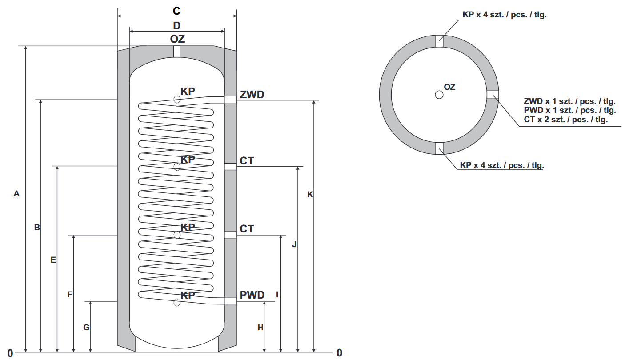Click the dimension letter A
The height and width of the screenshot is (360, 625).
[x=17, y=194]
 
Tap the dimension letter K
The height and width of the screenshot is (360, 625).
[x=310, y=195]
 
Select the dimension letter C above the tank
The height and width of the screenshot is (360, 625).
[x=177, y=11]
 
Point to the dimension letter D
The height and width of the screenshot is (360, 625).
[x=177, y=25]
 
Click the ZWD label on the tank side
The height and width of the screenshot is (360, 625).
[x=252, y=95]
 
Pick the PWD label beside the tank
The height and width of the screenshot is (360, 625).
[x=252, y=295]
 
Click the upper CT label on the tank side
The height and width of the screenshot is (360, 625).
[x=247, y=161]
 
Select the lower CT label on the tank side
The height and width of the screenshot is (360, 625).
[x=247, y=229]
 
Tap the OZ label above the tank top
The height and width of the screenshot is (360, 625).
[x=177, y=39]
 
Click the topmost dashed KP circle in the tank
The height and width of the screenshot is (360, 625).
[x=177, y=100]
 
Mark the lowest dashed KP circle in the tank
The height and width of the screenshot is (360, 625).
[x=177, y=303]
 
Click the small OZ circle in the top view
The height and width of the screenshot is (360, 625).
[x=439, y=95]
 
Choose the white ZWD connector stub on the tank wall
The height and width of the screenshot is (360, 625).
[x=230, y=100]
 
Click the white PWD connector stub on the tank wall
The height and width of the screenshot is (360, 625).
[x=230, y=301]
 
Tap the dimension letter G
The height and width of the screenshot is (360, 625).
[x=87, y=328]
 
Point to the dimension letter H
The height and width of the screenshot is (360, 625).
[x=260, y=328]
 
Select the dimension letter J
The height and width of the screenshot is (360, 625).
[x=294, y=244]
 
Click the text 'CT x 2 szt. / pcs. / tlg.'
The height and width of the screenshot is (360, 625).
[x=566, y=119]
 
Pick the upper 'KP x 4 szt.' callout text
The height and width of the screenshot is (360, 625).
[x=504, y=15]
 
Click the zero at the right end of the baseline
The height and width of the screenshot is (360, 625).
[x=340, y=353]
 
